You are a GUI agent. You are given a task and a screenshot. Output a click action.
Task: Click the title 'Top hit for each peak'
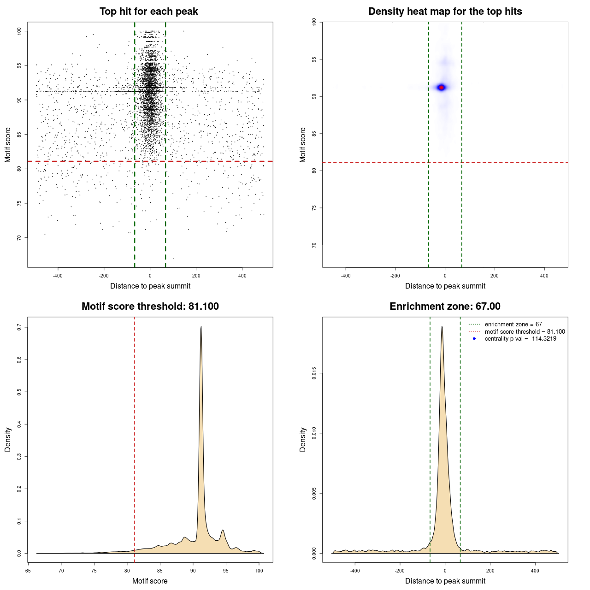point(148,12)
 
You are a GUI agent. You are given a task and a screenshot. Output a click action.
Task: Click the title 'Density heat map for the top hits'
point(445,12)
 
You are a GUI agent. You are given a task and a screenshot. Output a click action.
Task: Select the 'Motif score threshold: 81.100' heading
point(150,307)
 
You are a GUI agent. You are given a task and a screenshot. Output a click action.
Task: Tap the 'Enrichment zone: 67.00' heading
point(445,307)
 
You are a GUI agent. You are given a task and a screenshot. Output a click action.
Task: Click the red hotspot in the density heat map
point(442,87)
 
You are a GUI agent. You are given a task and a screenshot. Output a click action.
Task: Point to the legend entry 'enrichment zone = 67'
point(513,324)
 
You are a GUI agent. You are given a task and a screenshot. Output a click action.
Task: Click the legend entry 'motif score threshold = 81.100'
point(525,331)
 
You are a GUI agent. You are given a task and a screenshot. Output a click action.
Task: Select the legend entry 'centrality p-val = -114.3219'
point(520,339)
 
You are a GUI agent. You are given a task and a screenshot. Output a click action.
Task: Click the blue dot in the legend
point(474,339)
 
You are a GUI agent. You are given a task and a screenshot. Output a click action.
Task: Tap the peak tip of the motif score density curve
point(201,326)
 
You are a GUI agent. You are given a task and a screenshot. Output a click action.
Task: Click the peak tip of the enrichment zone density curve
point(442,326)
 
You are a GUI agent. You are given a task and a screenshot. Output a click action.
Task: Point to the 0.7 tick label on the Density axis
point(19,327)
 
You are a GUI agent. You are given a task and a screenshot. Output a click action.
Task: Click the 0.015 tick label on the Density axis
point(314,373)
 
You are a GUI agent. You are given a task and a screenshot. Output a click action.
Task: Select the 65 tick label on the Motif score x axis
point(28,571)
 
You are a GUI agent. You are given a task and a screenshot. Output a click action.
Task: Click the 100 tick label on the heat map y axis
point(314,22)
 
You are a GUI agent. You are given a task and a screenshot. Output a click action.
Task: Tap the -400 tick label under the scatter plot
point(58,276)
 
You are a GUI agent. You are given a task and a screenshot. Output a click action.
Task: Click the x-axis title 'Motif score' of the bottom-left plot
point(150,581)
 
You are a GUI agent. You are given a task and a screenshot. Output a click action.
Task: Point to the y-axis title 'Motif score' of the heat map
point(303,145)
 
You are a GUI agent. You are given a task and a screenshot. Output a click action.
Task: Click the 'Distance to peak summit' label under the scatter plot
point(150,286)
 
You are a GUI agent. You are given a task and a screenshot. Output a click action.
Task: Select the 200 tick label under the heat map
point(495,276)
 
